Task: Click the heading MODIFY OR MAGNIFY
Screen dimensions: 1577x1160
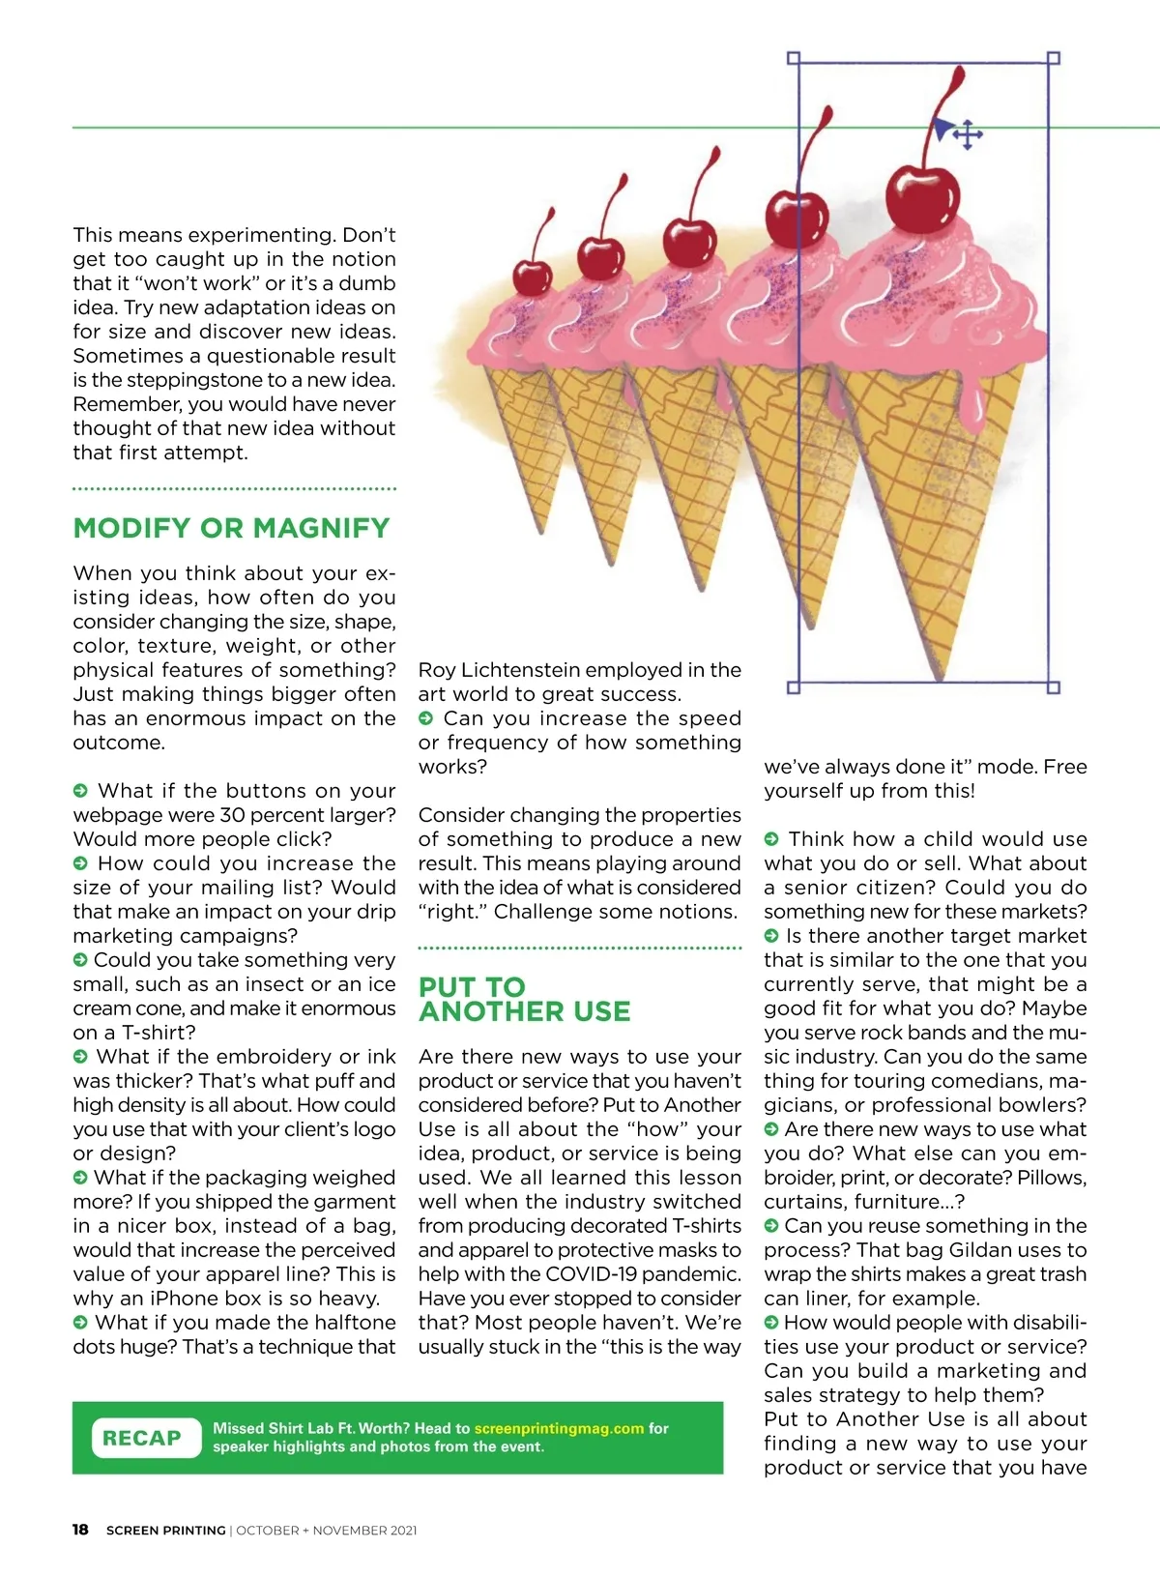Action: pyautogui.click(x=231, y=528)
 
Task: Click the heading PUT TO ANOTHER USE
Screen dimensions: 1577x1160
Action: pyautogui.click(x=524, y=999)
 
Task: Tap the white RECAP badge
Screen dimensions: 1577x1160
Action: pyautogui.click(x=141, y=1438)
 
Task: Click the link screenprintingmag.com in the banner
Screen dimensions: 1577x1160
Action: pyautogui.click(x=559, y=1428)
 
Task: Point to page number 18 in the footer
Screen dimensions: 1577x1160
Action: pyautogui.click(x=80, y=1530)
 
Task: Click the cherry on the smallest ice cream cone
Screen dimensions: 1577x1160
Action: pyautogui.click(x=532, y=277)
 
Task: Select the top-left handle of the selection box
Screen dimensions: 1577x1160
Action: pyautogui.click(x=794, y=58)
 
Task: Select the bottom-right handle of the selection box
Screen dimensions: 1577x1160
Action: pyautogui.click(x=1054, y=687)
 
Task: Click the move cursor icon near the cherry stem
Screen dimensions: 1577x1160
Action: pyautogui.click(x=967, y=135)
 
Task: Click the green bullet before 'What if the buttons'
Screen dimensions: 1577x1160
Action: pyautogui.click(x=81, y=791)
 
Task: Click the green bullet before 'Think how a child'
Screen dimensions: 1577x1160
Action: pyautogui.click(x=771, y=839)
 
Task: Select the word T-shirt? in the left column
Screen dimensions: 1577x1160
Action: pyautogui.click(x=159, y=1033)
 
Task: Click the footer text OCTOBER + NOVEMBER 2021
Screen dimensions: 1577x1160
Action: pyautogui.click(x=327, y=1531)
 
